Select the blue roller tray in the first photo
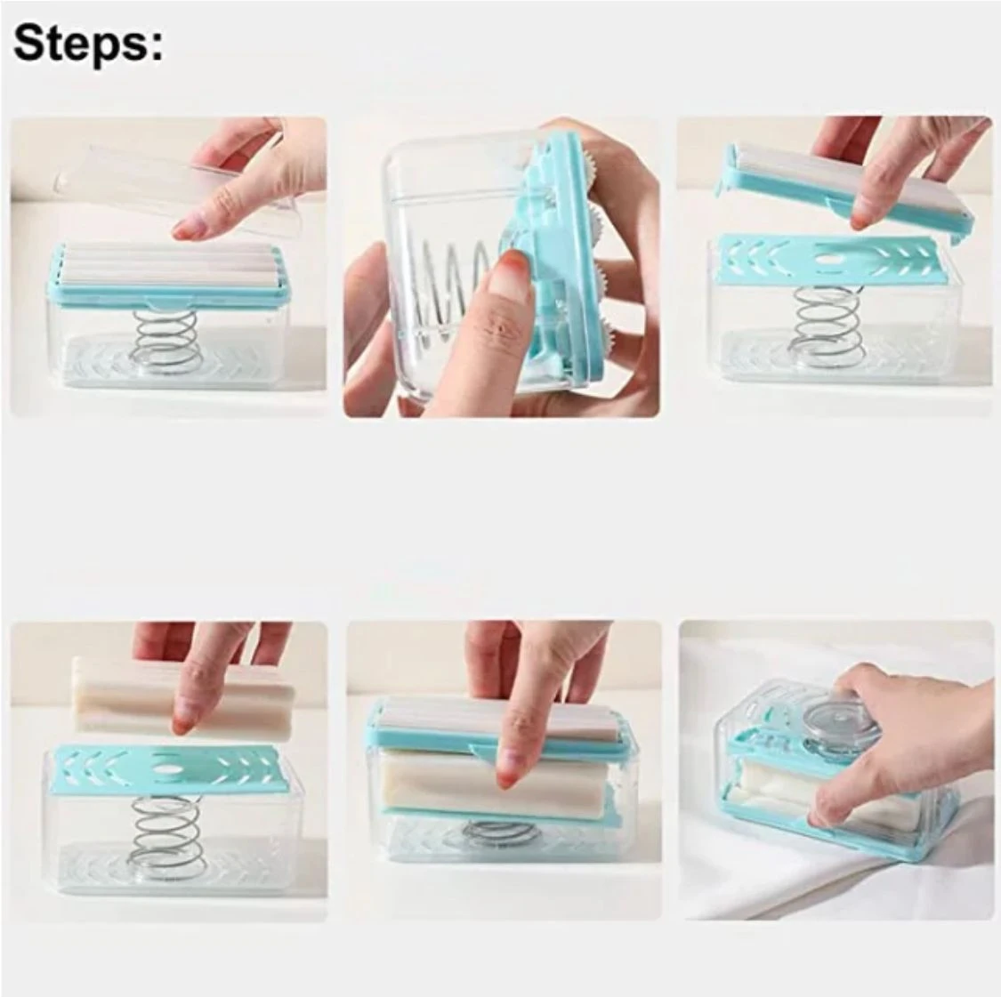167,275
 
